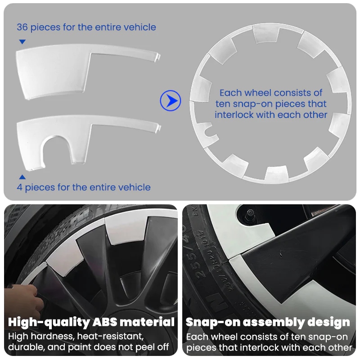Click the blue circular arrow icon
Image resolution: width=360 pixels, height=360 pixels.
171,101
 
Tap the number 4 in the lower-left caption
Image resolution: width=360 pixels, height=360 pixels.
20,187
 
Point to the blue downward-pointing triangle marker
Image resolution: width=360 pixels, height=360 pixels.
22,42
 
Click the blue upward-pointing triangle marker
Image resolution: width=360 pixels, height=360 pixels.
22,177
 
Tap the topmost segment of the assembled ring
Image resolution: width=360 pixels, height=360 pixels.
266,33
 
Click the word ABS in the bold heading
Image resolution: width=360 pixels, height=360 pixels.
109,322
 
